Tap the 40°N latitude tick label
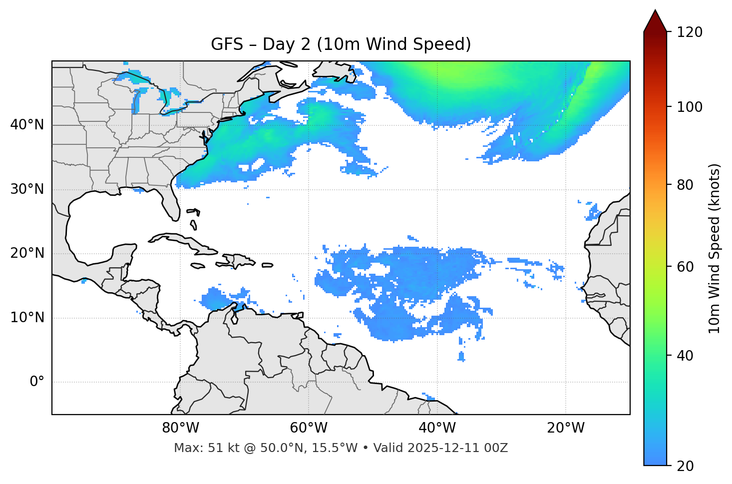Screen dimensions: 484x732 [27, 125]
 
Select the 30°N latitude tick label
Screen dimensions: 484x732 [27, 189]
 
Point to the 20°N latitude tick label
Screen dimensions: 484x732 [27, 253]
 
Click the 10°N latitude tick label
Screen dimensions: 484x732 [27, 318]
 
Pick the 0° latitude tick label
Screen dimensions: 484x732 [37, 382]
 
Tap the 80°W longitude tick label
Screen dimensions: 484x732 [180, 428]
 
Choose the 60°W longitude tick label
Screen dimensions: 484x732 [309, 428]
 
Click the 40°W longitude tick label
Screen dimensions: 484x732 [437, 428]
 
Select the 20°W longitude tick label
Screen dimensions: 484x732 [565, 428]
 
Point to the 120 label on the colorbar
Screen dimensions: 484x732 [690, 32]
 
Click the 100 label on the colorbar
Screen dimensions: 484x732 [690, 107]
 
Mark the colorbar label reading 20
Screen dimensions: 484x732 [686, 466]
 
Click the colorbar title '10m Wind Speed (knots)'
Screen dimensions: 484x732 [715, 249]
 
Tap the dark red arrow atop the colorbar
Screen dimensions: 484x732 [655, 21]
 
